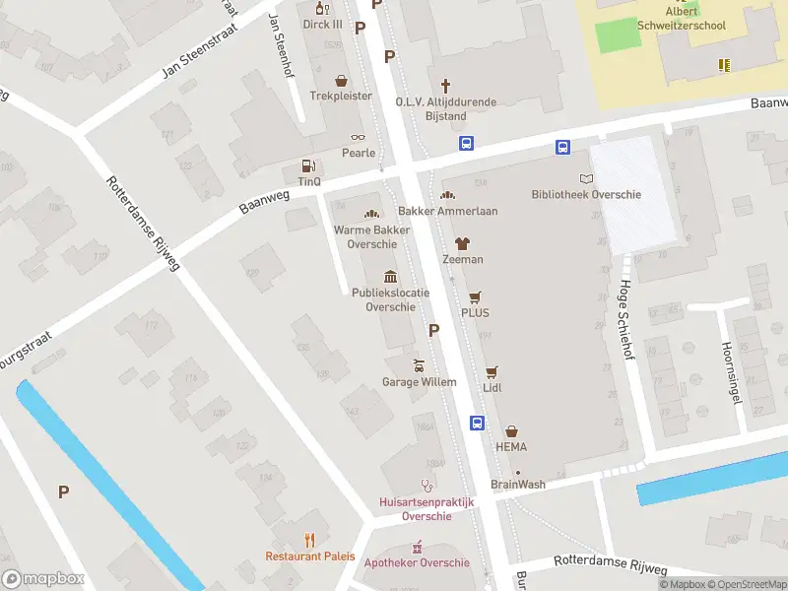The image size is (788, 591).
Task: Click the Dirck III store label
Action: pyautogui.click(x=322, y=25)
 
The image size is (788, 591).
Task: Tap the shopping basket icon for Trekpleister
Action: pyautogui.click(x=342, y=81)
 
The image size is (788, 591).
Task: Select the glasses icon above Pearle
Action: pyautogui.click(x=358, y=138)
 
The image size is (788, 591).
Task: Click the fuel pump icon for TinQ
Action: pyautogui.click(x=309, y=166)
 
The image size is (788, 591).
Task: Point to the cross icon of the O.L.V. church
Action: pyautogui.click(x=445, y=86)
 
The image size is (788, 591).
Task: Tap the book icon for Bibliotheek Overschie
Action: pyautogui.click(x=586, y=179)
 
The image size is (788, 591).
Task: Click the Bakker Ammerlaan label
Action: pyautogui.click(x=447, y=211)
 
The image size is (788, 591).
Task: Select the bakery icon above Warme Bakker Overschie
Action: pyautogui.click(x=372, y=214)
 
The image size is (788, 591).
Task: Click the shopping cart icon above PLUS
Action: pyautogui.click(x=476, y=296)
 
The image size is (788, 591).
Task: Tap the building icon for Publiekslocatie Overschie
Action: pyautogui.click(x=391, y=276)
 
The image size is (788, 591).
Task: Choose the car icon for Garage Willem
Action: pyautogui.click(x=419, y=366)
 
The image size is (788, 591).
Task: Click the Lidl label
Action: pyautogui.click(x=492, y=387)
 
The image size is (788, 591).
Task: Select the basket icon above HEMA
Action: pyautogui.click(x=511, y=431)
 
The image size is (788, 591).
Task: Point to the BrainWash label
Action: pyautogui.click(x=518, y=485)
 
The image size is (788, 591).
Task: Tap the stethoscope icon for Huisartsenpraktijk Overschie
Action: pyautogui.click(x=427, y=486)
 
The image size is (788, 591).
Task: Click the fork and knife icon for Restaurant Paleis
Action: pyautogui.click(x=309, y=539)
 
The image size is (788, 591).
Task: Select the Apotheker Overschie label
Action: pyautogui.click(x=417, y=562)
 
